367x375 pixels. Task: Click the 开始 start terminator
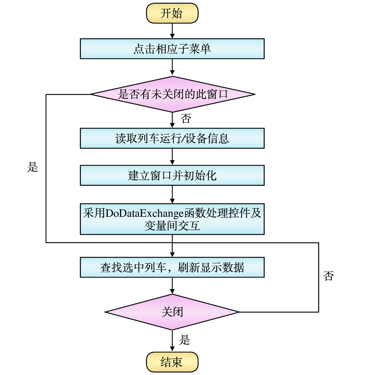172,13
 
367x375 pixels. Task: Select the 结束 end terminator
172,362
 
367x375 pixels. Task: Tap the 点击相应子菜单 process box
172,49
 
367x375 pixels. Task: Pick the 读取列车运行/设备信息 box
172,138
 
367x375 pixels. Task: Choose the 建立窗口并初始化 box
172,175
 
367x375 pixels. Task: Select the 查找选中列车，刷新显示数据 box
172,267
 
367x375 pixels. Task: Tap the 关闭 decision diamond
172,312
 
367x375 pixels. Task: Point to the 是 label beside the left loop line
33,167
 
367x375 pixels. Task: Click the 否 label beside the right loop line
329,276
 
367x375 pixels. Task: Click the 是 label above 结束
185,340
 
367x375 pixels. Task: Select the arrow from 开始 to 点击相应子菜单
172,31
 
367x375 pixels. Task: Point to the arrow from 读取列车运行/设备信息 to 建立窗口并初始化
172,157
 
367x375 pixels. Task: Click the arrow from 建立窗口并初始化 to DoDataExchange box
172,194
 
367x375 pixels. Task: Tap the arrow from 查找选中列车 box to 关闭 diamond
172,286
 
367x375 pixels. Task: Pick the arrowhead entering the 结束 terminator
172,349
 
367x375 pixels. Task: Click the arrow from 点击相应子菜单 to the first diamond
172,67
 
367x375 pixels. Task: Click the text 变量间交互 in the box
172,226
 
